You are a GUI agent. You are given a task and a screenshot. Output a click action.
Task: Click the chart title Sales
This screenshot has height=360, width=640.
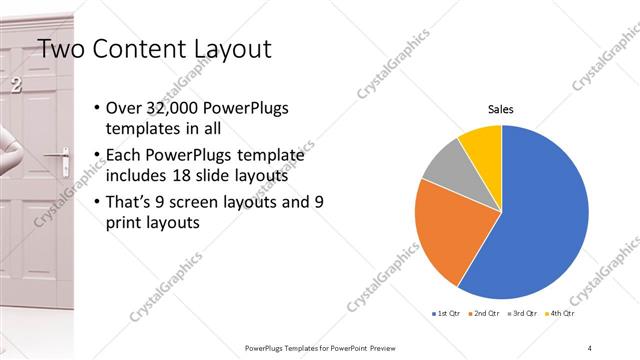tap(501, 109)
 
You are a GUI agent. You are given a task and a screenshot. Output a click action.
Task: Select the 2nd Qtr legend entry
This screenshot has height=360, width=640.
tap(486, 314)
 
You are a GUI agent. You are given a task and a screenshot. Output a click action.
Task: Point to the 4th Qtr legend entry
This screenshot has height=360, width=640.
tap(561, 314)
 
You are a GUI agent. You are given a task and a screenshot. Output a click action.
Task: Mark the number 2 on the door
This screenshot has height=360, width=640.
tap(15, 86)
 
